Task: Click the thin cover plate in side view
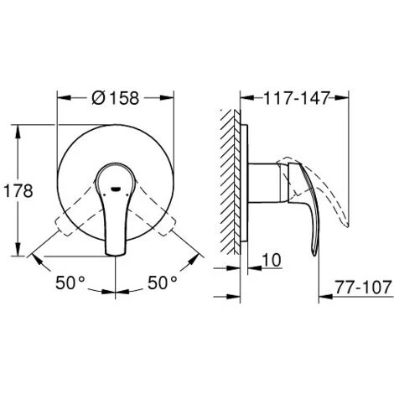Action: click(247, 191)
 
